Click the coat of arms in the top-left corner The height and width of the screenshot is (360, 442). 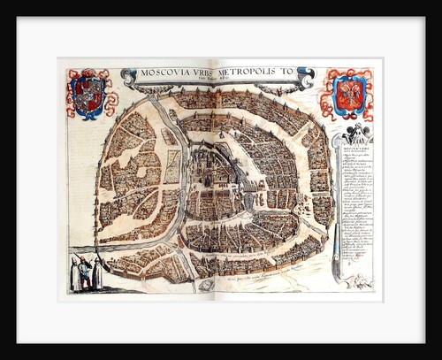[x=88, y=94]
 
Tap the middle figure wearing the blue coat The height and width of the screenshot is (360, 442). [x=85, y=272]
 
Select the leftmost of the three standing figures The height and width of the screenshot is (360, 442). [x=74, y=275]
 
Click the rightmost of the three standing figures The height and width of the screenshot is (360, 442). [x=96, y=274]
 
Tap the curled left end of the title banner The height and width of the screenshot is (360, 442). [x=128, y=78]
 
